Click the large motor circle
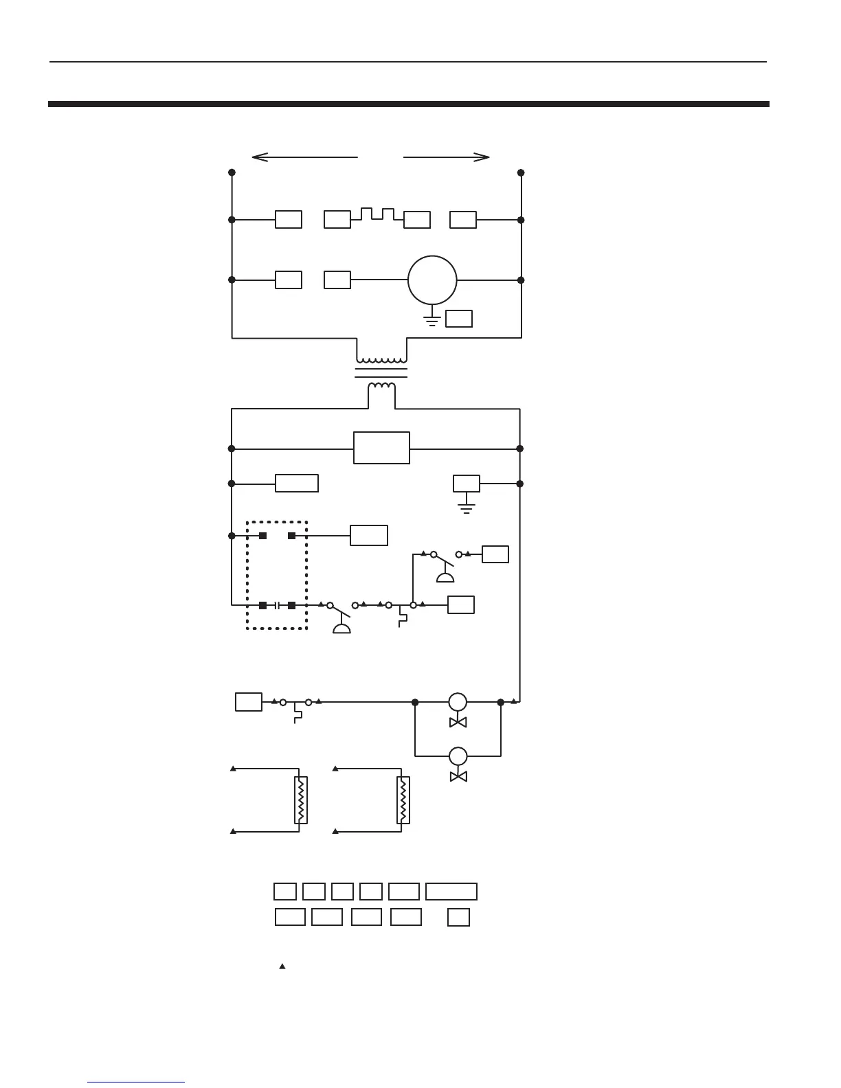(x=432, y=280)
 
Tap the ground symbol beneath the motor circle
(x=432, y=320)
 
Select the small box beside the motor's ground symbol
(x=459, y=319)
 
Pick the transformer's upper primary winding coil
(x=381, y=360)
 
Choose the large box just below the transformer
(x=381, y=448)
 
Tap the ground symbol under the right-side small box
(x=466, y=508)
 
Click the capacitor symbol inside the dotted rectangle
(x=277, y=605)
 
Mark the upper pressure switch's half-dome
(x=445, y=576)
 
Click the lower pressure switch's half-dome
(x=341, y=628)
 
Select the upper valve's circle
(x=458, y=702)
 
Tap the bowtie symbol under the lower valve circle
(x=458, y=776)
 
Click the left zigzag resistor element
(x=300, y=800)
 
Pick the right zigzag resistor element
(x=403, y=800)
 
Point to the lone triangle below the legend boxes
(x=282, y=966)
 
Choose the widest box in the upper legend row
(x=451, y=892)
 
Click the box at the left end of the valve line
(x=248, y=702)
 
